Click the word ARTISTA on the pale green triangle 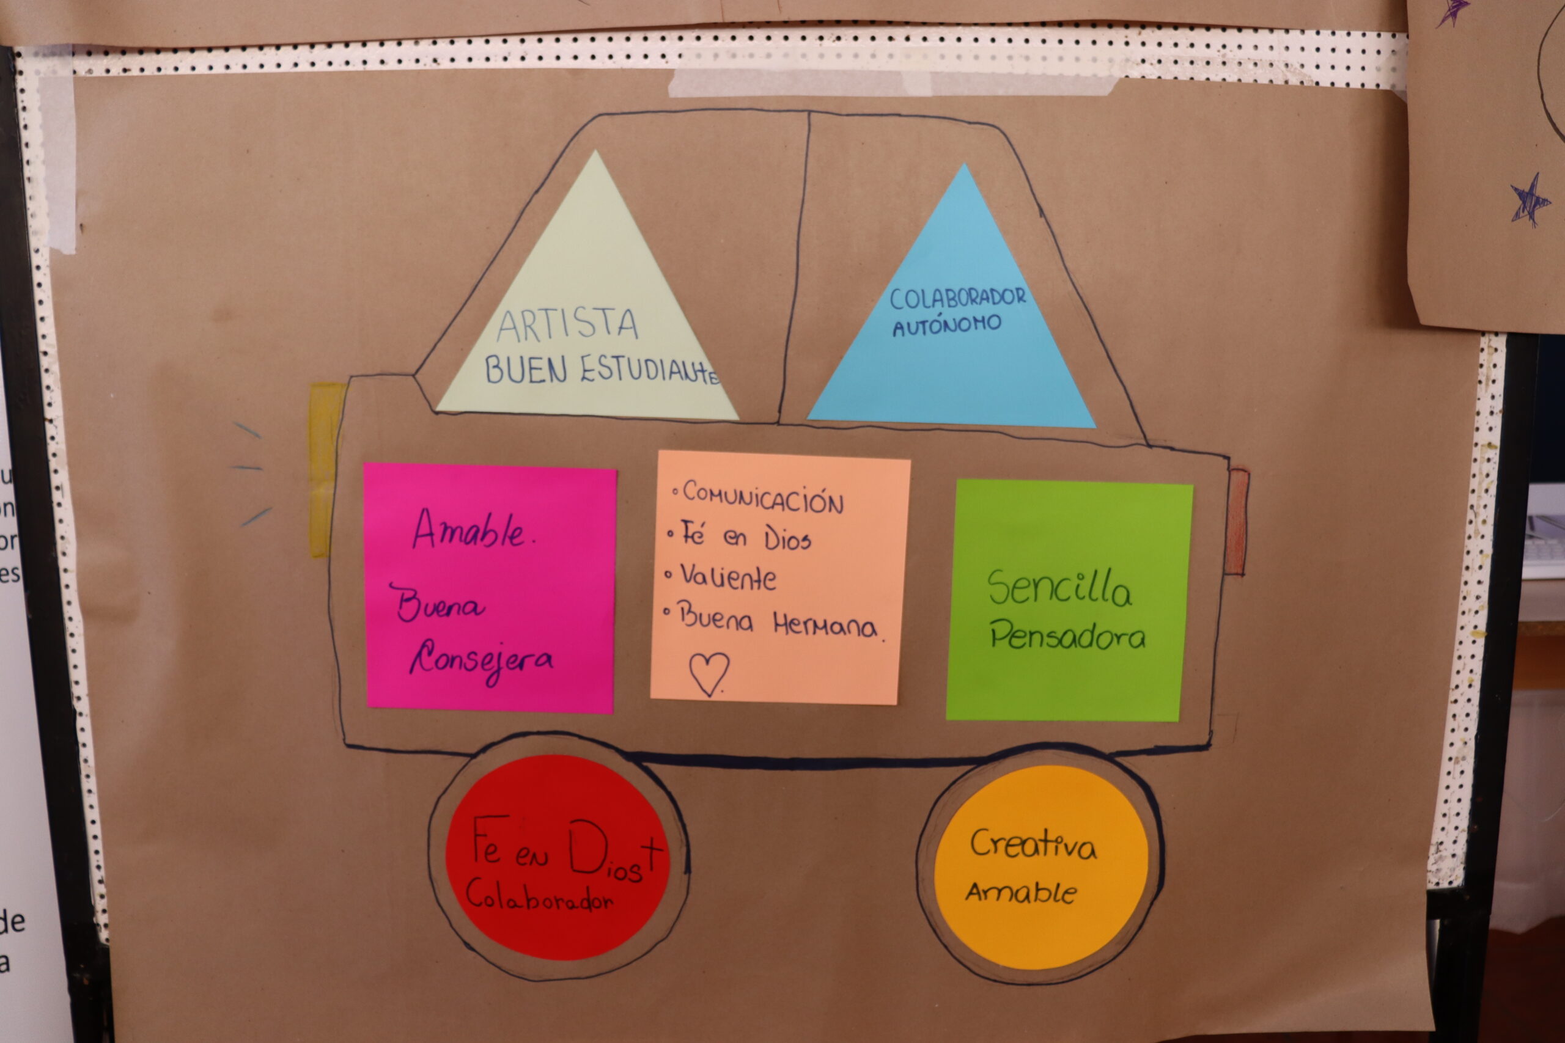(567, 324)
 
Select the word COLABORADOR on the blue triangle (957, 299)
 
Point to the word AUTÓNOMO (946, 325)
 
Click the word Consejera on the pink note (481, 661)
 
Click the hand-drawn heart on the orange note (709, 673)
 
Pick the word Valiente (728, 577)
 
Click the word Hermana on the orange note (825, 625)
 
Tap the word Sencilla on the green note (1059, 587)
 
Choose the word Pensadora (1067, 635)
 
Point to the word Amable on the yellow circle (1022, 892)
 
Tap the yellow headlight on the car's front (326, 469)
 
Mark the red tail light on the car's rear (1236, 522)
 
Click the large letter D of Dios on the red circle (587, 846)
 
